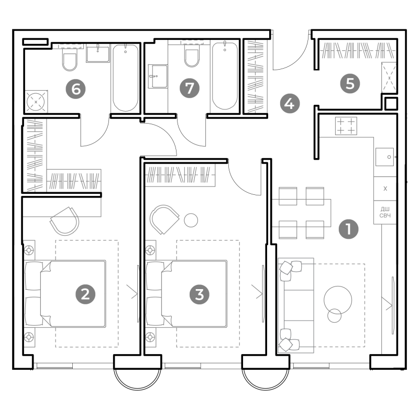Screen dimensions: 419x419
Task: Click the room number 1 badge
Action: point(348,229)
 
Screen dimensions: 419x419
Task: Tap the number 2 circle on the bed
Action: point(85,294)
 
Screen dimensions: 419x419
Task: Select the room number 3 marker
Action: point(200,294)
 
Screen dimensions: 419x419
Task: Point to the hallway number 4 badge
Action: point(290,103)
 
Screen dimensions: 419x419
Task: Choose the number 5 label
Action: point(350,84)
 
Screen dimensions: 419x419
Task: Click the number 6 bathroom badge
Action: point(76,89)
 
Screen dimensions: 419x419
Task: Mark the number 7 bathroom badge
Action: point(190,88)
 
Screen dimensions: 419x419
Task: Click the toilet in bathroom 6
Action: point(70,60)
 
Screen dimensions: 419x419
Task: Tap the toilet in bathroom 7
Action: point(192,56)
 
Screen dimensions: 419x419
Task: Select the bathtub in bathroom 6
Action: point(126,78)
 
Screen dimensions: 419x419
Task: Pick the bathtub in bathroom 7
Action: point(225,75)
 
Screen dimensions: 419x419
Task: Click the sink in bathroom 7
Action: point(158,76)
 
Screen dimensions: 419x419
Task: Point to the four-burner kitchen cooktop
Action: point(346,126)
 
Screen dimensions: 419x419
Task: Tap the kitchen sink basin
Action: point(385,157)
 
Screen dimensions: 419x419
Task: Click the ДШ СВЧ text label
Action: point(385,212)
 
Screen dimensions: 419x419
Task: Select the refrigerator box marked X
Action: point(385,189)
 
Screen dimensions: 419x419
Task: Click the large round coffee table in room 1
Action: point(338,300)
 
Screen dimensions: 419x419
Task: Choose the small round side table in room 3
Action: point(191,220)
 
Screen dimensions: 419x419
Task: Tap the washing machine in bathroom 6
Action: point(36,102)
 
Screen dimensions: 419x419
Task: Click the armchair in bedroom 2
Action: point(65,221)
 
